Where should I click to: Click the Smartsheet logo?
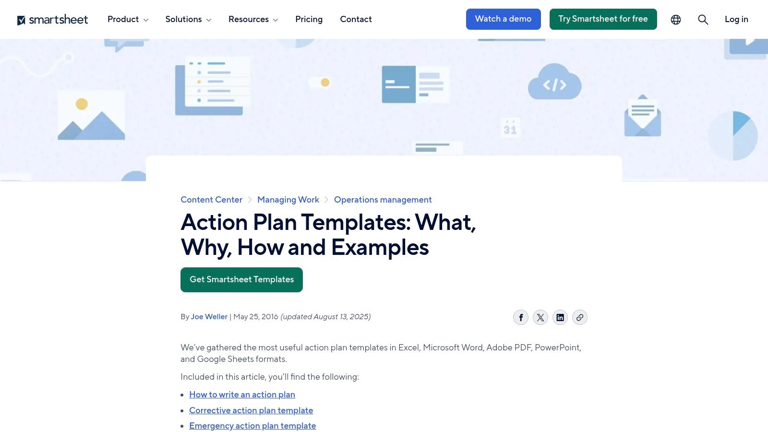53,20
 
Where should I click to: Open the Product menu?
128,19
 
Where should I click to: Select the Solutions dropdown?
188,19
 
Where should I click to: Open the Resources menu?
253,19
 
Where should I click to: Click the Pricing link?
309,19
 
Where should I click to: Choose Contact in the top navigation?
356,19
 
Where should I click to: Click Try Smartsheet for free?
603,19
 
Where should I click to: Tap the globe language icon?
676,20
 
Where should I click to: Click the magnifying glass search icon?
703,20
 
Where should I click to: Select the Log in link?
736,19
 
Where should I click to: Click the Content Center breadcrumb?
211,200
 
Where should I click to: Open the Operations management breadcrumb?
383,200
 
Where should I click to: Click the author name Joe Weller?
209,317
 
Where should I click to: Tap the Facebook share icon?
521,317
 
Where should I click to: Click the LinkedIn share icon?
560,317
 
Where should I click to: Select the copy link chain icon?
580,317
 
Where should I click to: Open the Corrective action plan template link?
251,410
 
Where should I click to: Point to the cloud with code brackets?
554,83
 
